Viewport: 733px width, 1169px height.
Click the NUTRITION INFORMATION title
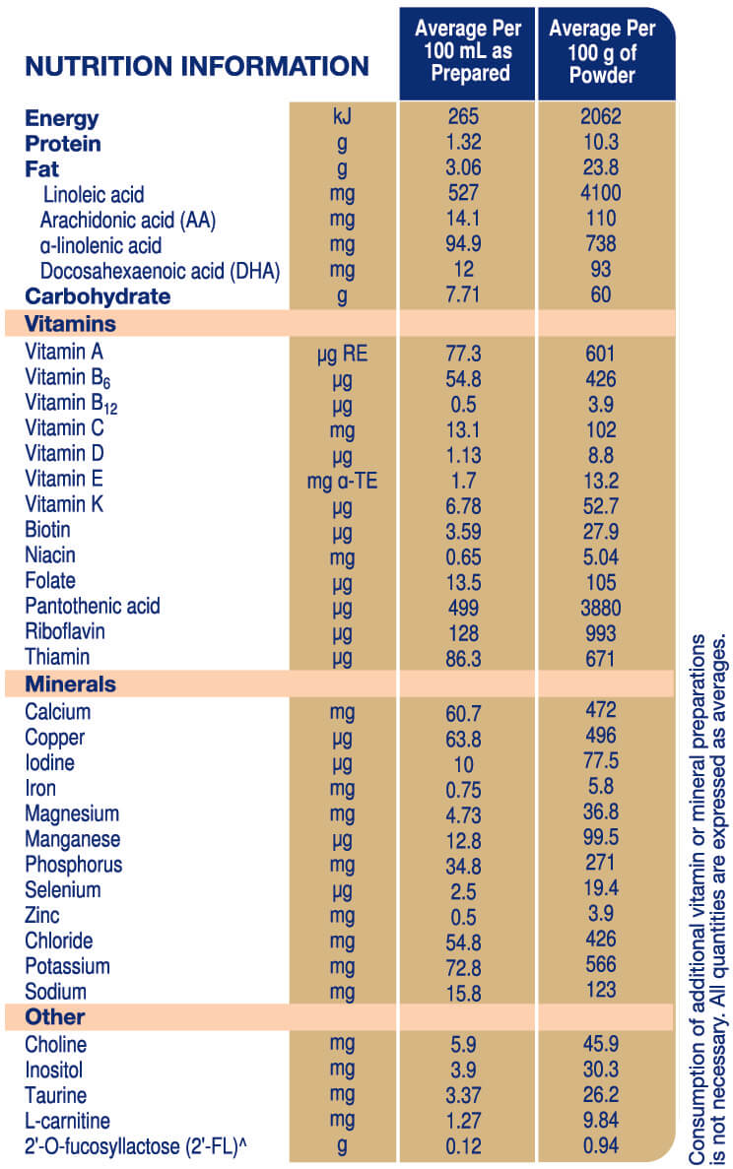click(x=197, y=67)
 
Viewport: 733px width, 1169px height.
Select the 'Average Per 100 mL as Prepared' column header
click(x=468, y=51)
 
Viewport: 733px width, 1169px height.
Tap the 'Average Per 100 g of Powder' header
click(x=606, y=51)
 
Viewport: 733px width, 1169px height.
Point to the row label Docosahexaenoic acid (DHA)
click(x=161, y=271)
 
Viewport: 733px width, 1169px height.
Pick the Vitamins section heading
click(x=70, y=324)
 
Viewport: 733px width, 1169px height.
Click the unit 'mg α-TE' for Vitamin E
click(x=342, y=480)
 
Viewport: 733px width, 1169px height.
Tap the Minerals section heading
click(x=70, y=683)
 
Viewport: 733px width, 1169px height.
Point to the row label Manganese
click(x=73, y=839)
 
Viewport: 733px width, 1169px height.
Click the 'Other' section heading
click(x=55, y=1016)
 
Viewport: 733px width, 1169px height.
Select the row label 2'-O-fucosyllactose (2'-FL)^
click(x=144, y=1145)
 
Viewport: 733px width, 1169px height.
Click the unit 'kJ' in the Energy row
click(x=342, y=118)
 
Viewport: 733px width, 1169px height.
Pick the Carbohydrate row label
click(x=98, y=296)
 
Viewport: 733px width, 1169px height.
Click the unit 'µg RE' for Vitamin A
click(x=342, y=353)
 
